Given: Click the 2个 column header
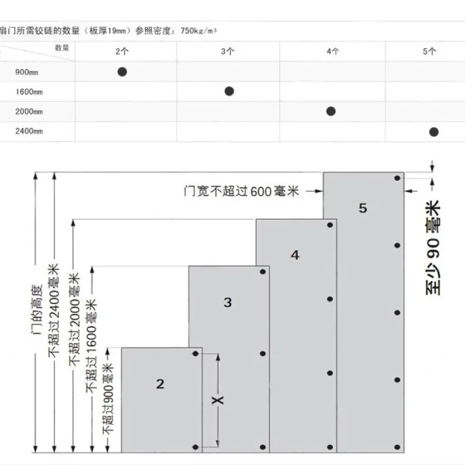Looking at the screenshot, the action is pyautogui.click(x=122, y=51).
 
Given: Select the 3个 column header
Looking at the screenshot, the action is pyautogui.click(x=228, y=51).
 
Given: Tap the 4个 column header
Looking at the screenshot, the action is pyautogui.click(x=333, y=51).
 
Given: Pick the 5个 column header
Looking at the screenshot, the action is pyautogui.click(x=429, y=51).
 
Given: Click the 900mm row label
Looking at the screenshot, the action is pyautogui.click(x=27, y=72).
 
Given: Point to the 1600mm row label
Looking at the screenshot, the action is pyautogui.click(x=29, y=92).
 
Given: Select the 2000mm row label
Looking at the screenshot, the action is pyautogui.click(x=29, y=112).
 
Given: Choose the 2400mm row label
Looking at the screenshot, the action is pyautogui.click(x=29, y=131).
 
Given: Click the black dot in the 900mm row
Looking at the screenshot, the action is pyautogui.click(x=122, y=72).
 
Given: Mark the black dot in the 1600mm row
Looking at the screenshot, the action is pyautogui.click(x=229, y=91).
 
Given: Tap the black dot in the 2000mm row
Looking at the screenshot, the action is pyautogui.click(x=331, y=111).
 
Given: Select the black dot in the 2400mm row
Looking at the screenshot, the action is pyautogui.click(x=434, y=132).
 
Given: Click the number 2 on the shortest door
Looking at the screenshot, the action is pyautogui.click(x=160, y=384).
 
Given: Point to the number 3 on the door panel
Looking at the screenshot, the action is pyautogui.click(x=228, y=303).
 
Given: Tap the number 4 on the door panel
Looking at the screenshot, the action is pyautogui.click(x=295, y=255).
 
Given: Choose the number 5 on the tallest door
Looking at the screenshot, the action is pyautogui.click(x=363, y=208).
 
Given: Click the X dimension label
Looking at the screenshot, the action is pyautogui.click(x=218, y=400).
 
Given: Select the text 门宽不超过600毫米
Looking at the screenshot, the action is pyautogui.click(x=242, y=191).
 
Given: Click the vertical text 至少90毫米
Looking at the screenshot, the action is pyautogui.click(x=433, y=248).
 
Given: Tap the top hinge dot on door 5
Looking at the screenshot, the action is pyautogui.click(x=397, y=178).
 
